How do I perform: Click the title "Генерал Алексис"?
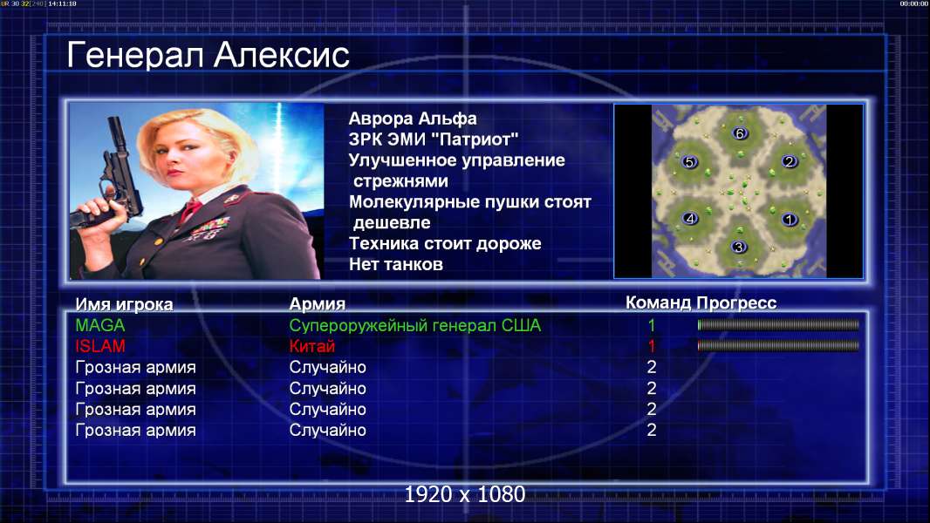pyautogui.click(x=208, y=55)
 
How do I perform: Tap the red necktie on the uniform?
pyautogui.click(x=190, y=209)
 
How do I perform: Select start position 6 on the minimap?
pyautogui.click(x=740, y=133)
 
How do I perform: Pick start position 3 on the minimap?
pyautogui.click(x=738, y=247)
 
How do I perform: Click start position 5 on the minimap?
pyautogui.click(x=688, y=162)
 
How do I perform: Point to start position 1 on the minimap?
pyautogui.click(x=789, y=220)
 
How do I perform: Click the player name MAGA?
pyautogui.click(x=99, y=325)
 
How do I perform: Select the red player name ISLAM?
pyautogui.click(x=99, y=346)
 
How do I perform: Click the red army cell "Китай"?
pyautogui.click(x=312, y=346)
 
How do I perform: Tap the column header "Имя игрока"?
pyautogui.click(x=124, y=304)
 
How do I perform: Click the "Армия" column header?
pyautogui.click(x=317, y=304)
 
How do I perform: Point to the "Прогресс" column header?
pyautogui.click(x=736, y=302)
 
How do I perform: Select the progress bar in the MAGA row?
pyautogui.click(x=778, y=324)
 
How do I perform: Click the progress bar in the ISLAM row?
pyautogui.click(x=778, y=345)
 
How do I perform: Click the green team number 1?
pyautogui.click(x=651, y=325)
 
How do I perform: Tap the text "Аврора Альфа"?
pyautogui.click(x=412, y=119)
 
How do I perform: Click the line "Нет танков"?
pyautogui.click(x=395, y=264)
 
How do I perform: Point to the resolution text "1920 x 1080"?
pyautogui.click(x=464, y=494)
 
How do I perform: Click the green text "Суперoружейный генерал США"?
pyautogui.click(x=414, y=325)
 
